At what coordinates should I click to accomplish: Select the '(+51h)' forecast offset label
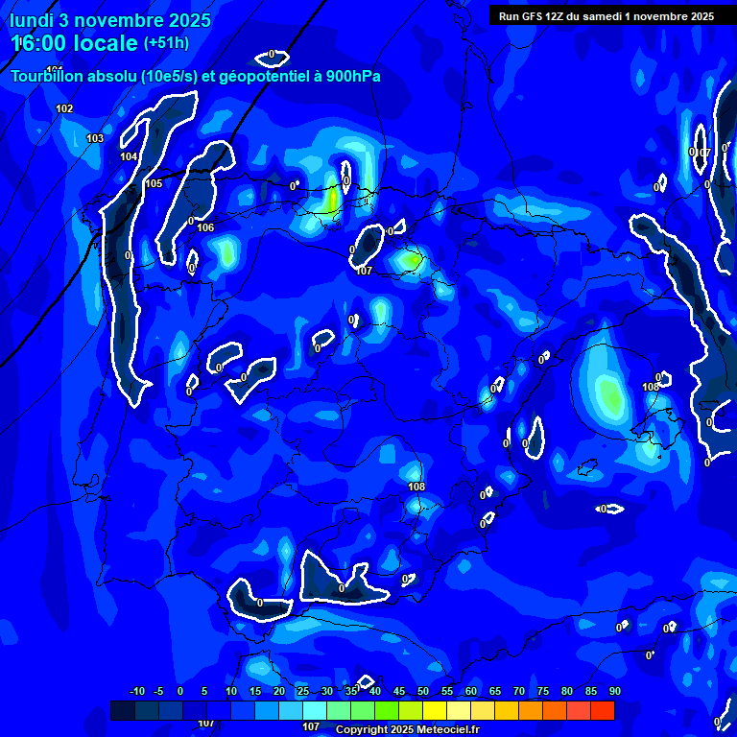click(166, 43)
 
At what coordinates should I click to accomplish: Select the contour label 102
click(64, 108)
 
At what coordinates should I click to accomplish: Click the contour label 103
click(95, 139)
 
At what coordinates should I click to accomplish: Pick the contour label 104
click(129, 156)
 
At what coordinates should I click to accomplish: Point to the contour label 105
click(154, 183)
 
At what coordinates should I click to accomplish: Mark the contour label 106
click(205, 227)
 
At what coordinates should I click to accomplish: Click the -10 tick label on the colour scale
click(137, 691)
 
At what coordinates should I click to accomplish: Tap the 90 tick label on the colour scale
click(614, 691)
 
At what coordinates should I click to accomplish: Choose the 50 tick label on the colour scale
click(423, 691)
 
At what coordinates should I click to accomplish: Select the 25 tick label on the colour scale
click(303, 691)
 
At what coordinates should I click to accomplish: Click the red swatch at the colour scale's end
click(602, 710)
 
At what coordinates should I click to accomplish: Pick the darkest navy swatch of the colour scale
click(122, 710)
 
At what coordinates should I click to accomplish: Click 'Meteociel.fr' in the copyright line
click(447, 729)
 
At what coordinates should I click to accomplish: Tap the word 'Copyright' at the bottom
click(361, 729)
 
